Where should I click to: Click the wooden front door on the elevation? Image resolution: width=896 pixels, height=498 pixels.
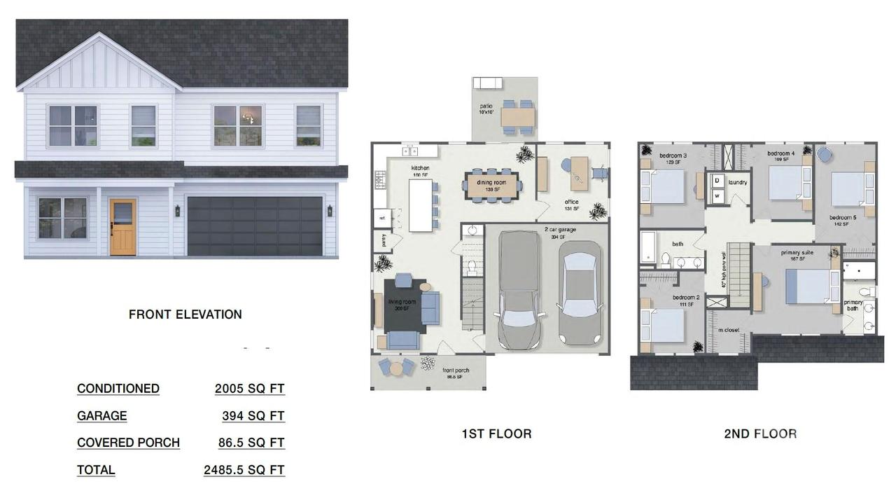pyautogui.click(x=122, y=226)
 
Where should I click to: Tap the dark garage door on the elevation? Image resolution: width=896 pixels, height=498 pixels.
pyautogui.click(x=255, y=226)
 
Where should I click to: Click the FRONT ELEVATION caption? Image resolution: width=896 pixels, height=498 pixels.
pyautogui.click(x=185, y=314)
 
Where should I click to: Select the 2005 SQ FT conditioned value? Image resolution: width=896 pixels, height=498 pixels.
pyautogui.click(x=250, y=389)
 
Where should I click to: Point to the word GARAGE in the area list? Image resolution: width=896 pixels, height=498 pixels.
pyautogui.click(x=102, y=416)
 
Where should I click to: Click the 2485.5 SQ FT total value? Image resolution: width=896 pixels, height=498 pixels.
pyautogui.click(x=244, y=470)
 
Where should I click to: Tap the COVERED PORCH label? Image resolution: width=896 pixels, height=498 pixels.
pyautogui.click(x=128, y=443)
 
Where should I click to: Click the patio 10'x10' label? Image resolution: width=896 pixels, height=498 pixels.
pyautogui.click(x=486, y=109)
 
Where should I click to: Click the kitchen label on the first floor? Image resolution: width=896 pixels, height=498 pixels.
pyautogui.click(x=420, y=168)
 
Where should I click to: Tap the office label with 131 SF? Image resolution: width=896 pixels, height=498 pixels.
pyautogui.click(x=572, y=205)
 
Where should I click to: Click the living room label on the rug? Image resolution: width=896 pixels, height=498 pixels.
pyautogui.click(x=402, y=304)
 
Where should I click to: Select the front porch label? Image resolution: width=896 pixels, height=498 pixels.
pyautogui.click(x=456, y=372)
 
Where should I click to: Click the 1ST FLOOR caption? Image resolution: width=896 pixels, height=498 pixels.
pyautogui.click(x=496, y=434)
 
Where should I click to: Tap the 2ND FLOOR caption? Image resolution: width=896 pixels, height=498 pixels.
pyautogui.click(x=760, y=434)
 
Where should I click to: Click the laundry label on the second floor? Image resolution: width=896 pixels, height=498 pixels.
pyautogui.click(x=738, y=183)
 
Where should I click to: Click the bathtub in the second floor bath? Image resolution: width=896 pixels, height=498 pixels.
pyautogui.click(x=647, y=248)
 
